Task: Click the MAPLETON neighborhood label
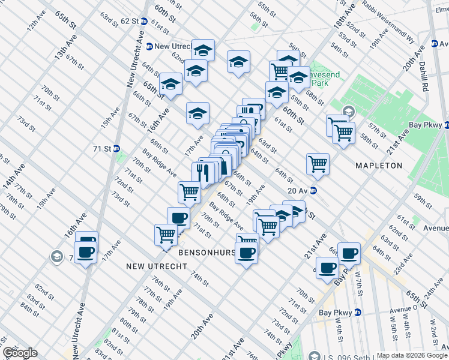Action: click(378, 165)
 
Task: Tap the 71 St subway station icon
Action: click(116, 148)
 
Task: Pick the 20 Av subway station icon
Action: click(313, 191)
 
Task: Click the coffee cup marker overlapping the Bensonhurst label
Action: click(246, 251)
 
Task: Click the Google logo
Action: click(20, 353)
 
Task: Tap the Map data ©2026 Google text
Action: click(411, 355)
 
